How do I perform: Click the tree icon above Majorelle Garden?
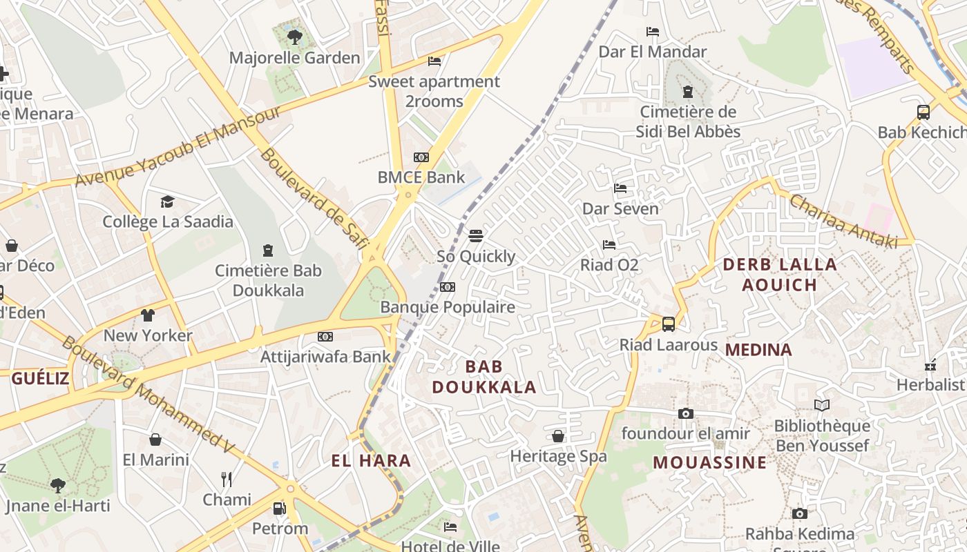pyautogui.click(x=295, y=37)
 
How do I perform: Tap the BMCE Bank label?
pyautogui.click(x=421, y=177)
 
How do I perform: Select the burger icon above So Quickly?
pyautogui.click(x=475, y=236)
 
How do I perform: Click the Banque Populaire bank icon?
pyautogui.click(x=448, y=287)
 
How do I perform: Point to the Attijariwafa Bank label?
pyautogui.click(x=325, y=357)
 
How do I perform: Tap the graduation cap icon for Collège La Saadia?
pyautogui.click(x=167, y=201)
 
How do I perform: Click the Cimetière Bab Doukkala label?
pyautogui.click(x=268, y=280)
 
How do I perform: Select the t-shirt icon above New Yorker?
pyautogui.click(x=147, y=315)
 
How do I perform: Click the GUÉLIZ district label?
pyautogui.click(x=40, y=378)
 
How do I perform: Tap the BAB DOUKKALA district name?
pyautogui.click(x=484, y=376)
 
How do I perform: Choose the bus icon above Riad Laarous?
pyautogui.click(x=668, y=324)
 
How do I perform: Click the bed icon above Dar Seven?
pyautogui.click(x=620, y=188)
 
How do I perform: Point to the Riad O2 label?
pyautogui.click(x=609, y=265)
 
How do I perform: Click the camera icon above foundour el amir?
pyautogui.click(x=685, y=413)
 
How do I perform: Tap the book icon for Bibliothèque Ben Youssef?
pyautogui.click(x=821, y=405)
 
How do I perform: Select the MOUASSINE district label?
pyautogui.click(x=709, y=462)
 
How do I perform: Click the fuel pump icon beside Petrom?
pyautogui.click(x=279, y=509)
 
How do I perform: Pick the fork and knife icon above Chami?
pyautogui.click(x=227, y=479)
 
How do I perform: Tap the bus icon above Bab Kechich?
pyautogui.click(x=923, y=112)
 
